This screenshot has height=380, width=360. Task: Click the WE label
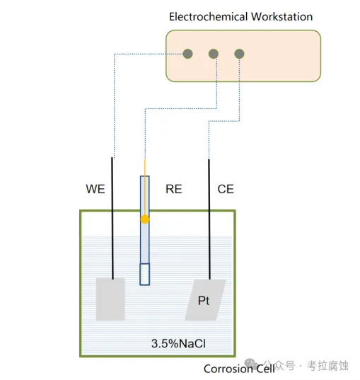click(x=95, y=189)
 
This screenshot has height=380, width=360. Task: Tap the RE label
click(x=174, y=189)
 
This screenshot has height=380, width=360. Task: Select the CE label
click(x=226, y=189)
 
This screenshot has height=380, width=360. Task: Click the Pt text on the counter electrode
click(x=204, y=301)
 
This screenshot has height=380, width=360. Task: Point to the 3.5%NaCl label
click(x=178, y=343)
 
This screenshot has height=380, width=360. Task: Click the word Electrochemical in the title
click(x=209, y=17)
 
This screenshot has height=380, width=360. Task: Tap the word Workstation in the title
click(x=281, y=17)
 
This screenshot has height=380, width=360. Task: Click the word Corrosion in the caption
click(x=228, y=369)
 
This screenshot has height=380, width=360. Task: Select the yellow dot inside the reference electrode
click(x=145, y=219)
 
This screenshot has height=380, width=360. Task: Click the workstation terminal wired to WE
click(x=187, y=54)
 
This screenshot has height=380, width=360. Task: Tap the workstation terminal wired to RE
click(x=214, y=54)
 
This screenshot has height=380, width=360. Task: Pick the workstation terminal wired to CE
click(x=239, y=54)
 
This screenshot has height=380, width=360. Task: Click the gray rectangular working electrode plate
click(x=110, y=299)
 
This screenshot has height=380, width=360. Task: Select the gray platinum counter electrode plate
click(x=206, y=300)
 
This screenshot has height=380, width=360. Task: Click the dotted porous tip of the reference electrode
click(x=144, y=274)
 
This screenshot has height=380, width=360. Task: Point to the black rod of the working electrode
click(x=112, y=218)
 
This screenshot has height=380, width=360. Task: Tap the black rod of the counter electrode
click(x=209, y=219)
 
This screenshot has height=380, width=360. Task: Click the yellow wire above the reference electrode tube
click(x=145, y=168)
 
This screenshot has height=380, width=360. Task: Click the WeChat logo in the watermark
click(x=251, y=364)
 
